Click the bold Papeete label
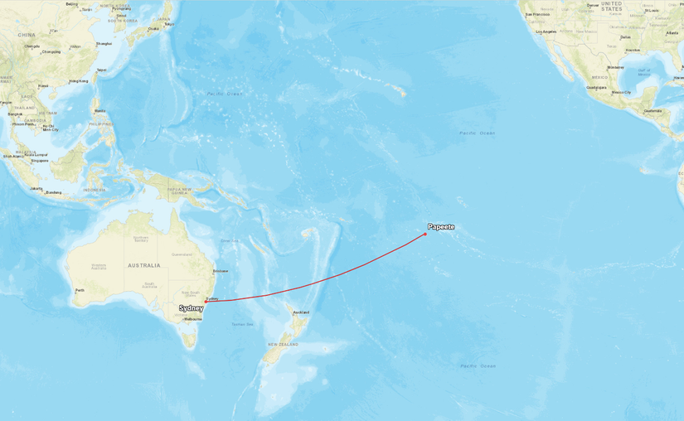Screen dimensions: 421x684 click(441, 227)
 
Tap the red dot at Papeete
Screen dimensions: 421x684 click(425, 234)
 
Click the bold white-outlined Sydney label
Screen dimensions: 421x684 click(191, 308)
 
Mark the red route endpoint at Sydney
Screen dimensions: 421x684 click(206, 302)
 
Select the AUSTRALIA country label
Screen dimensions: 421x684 click(143, 265)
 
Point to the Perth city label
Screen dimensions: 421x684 click(80, 290)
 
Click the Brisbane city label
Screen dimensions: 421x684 click(220, 271)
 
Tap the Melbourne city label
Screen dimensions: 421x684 click(194, 319)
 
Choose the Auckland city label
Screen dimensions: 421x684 click(301, 312)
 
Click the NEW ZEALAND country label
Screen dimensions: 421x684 click(283, 344)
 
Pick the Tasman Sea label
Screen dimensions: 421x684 click(243, 324)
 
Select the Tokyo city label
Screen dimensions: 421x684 click(169, 24)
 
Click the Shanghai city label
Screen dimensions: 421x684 click(104, 44)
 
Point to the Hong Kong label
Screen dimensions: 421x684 click(79, 80)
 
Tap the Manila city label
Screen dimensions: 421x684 click(100, 110)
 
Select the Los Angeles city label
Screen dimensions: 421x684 click(546, 31)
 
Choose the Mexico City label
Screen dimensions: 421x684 click(621, 92)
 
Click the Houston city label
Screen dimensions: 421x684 click(633, 50)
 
